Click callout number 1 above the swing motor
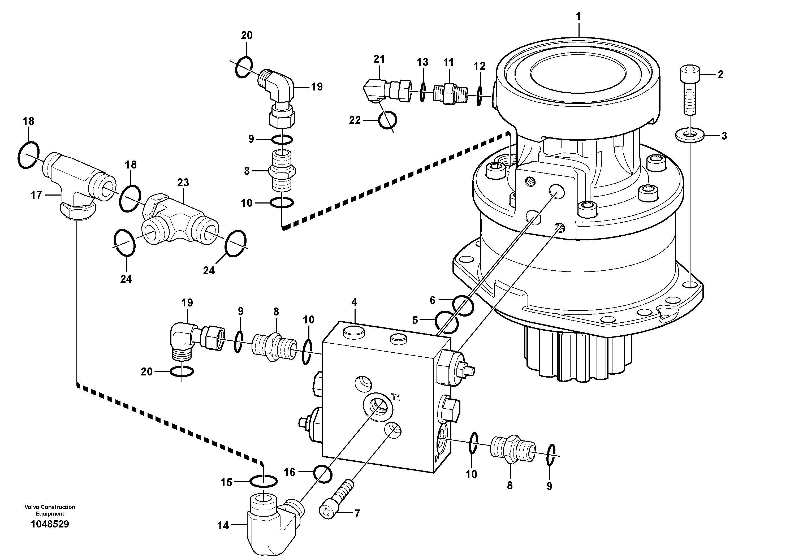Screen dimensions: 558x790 tap(579, 16)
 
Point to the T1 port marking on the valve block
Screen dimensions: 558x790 tap(396, 398)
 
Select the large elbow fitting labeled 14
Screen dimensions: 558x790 tap(272, 526)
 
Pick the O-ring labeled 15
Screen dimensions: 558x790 tap(263, 481)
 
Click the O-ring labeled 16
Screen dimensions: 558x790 tap(323, 474)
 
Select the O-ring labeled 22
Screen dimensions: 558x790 tap(387, 120)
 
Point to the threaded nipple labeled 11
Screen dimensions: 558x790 tap(449, 94)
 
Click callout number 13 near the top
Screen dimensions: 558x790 tap(422, 62)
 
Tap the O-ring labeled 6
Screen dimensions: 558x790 tap(463, 305)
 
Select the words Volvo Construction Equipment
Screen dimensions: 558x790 tap(50, 510)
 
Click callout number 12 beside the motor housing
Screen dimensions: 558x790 tap(479, 66)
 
